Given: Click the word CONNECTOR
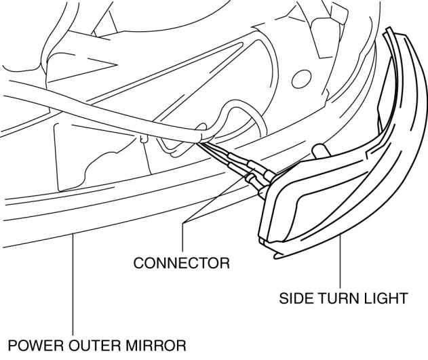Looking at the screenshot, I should tap(181, 262).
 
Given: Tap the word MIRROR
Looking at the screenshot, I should tap(153, 346).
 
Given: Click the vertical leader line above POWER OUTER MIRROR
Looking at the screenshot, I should tap(73, 285).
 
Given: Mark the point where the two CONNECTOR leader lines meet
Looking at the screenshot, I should tap(184, 226).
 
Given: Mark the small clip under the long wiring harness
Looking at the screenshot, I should tap(143, 139).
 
